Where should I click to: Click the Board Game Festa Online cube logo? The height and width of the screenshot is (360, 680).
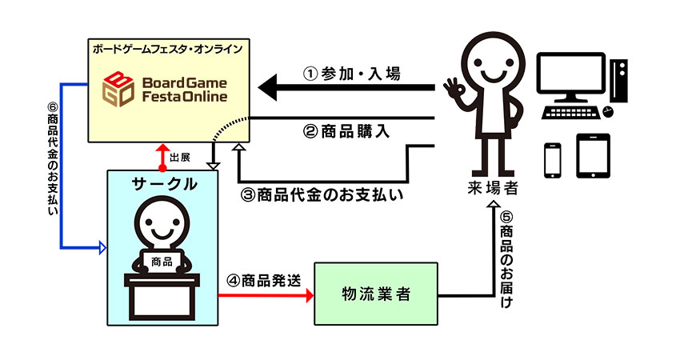pos(121,89)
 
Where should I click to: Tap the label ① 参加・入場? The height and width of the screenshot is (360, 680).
pos(351,74)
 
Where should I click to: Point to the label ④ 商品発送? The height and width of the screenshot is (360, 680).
pos(263,281)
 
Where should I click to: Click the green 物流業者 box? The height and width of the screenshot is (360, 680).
pos(376,292)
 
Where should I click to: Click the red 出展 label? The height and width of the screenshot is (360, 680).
pos(180,157)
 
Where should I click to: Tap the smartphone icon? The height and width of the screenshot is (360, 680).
pos(554,159)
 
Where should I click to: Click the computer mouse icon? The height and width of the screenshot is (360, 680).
pos(607,111)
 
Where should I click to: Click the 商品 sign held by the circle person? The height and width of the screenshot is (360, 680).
pos(162,260)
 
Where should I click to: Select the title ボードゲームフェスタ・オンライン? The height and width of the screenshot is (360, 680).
pos(167,49)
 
